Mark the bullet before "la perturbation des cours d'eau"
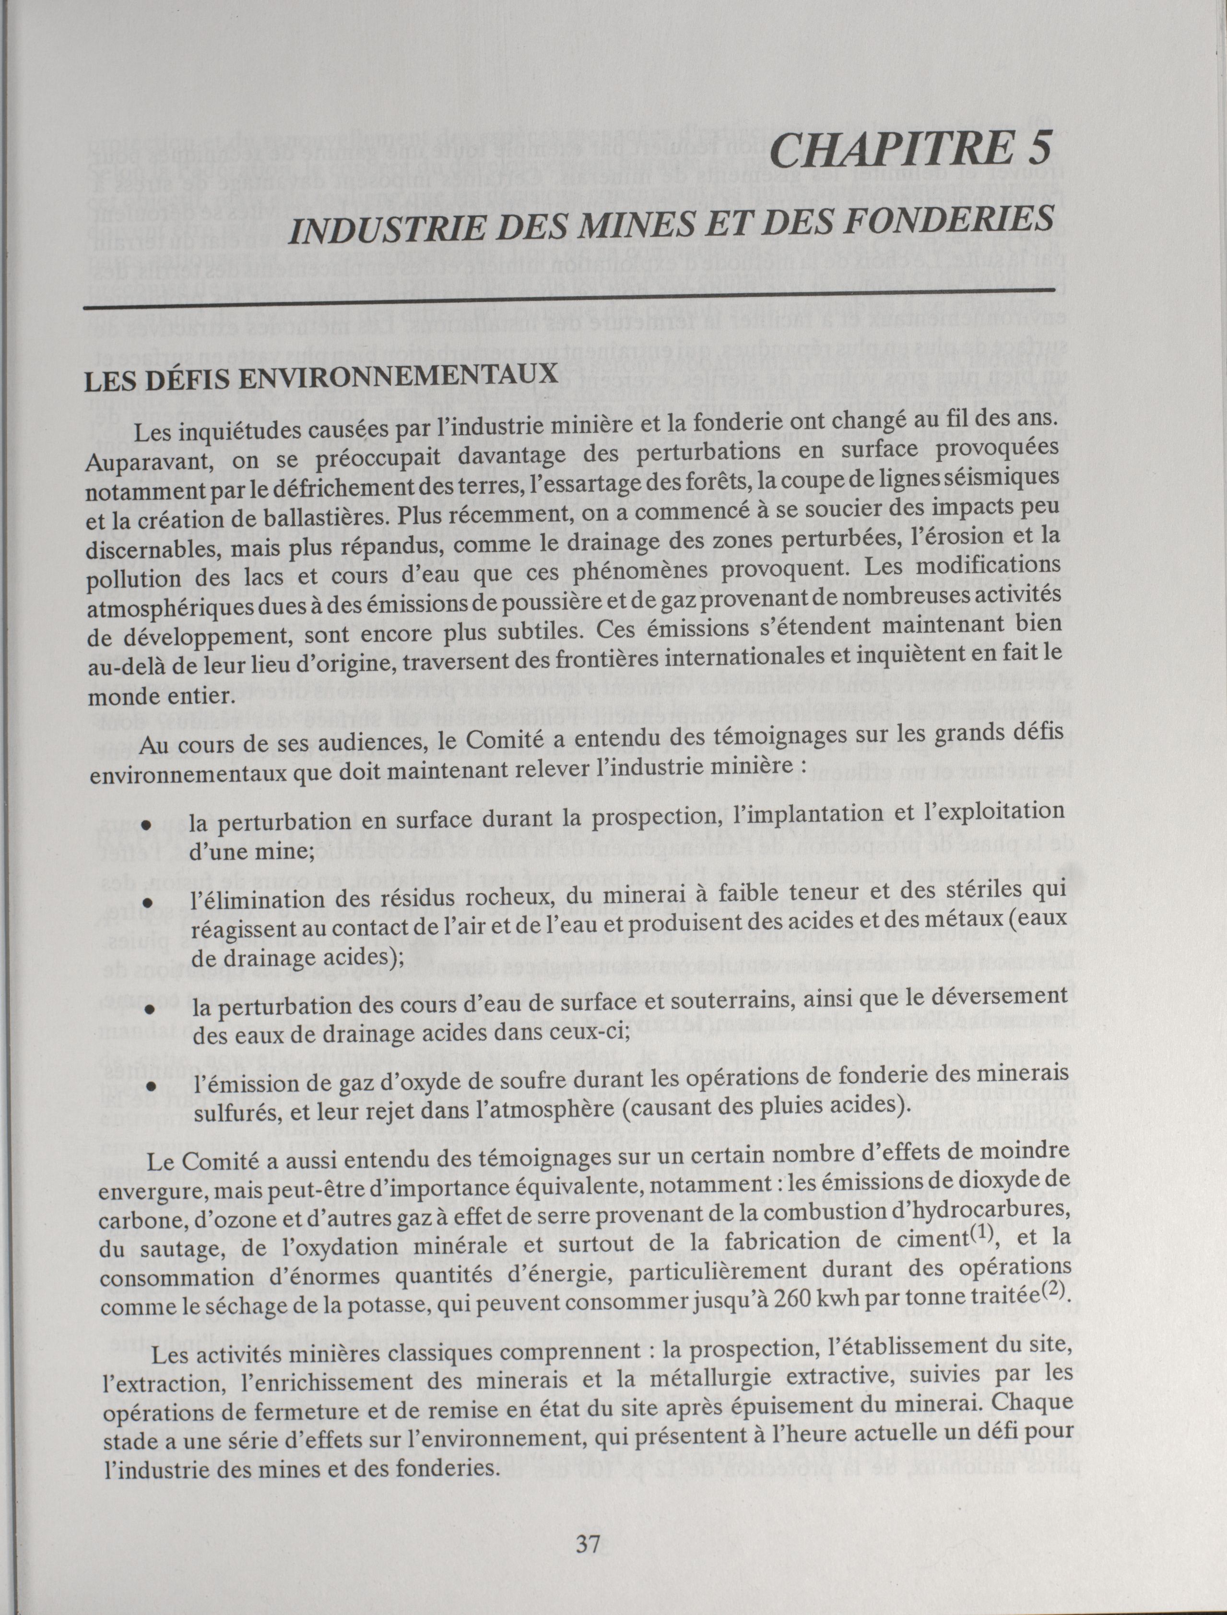tap(150, 1009)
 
